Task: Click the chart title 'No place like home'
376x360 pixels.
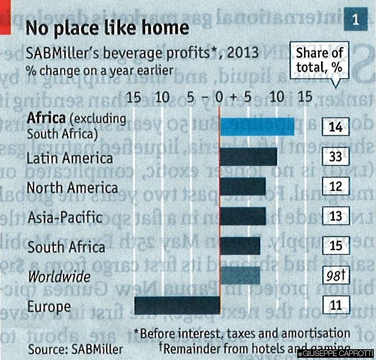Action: (x=108, y=28)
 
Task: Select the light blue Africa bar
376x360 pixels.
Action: (x=257, y=126)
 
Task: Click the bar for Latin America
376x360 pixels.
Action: (x=248, y=156)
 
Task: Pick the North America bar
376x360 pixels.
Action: (x=243, y=187)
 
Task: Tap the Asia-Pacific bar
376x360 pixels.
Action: (x=243, y=216)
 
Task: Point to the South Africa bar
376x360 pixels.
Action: (x=240, y=246)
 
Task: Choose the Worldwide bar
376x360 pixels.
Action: (x=240, y=276)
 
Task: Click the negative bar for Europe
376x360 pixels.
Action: (x=177, y=306)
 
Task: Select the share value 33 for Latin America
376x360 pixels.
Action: (x=335, y=156)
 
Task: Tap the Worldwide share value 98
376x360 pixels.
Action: (x=335, y=276)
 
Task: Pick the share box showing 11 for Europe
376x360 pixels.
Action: (x=335, y=306)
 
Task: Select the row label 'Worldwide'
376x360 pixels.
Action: (x=58, y=277)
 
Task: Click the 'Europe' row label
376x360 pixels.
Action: (x=49, y=307)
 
